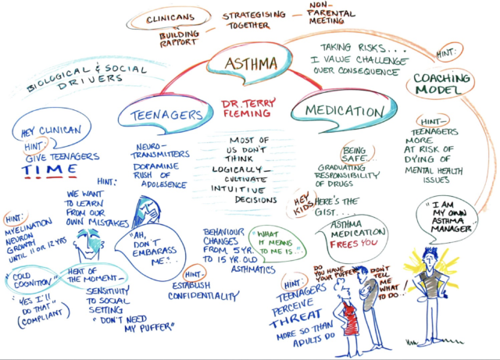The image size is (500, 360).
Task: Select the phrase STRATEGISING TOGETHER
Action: [x=255, y=20]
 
